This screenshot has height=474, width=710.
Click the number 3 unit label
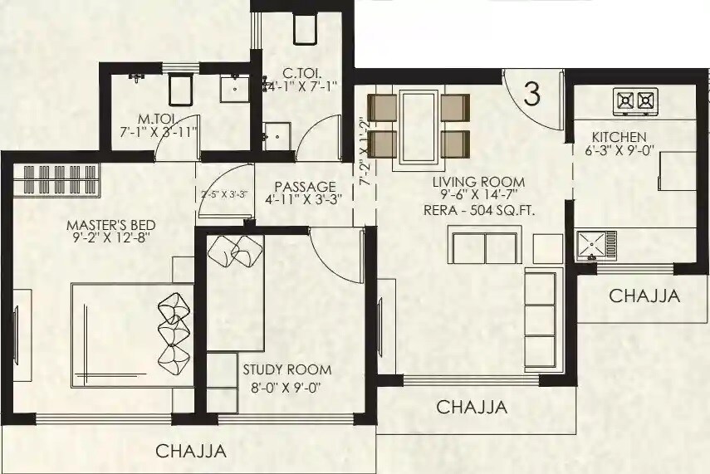[x=532, y=94]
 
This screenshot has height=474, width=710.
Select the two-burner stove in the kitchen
[x=635, y=101]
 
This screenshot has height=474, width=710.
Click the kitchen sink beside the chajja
[x=597, y=246]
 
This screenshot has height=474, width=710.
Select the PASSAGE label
[x=300, y=187]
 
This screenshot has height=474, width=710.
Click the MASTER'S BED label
[x=111, y=225]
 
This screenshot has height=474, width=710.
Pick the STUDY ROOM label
[x=286, y=369]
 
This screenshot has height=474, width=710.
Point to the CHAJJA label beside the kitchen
[x=644, y=296]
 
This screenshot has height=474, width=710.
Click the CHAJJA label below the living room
[x=472, y=408]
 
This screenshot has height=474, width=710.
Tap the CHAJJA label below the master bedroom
[x=191, y=452]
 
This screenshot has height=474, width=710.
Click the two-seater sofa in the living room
[x=483, y=247]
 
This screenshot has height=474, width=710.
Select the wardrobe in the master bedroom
[x=57, y=178]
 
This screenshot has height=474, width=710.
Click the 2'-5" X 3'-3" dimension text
[x=225, y=195]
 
